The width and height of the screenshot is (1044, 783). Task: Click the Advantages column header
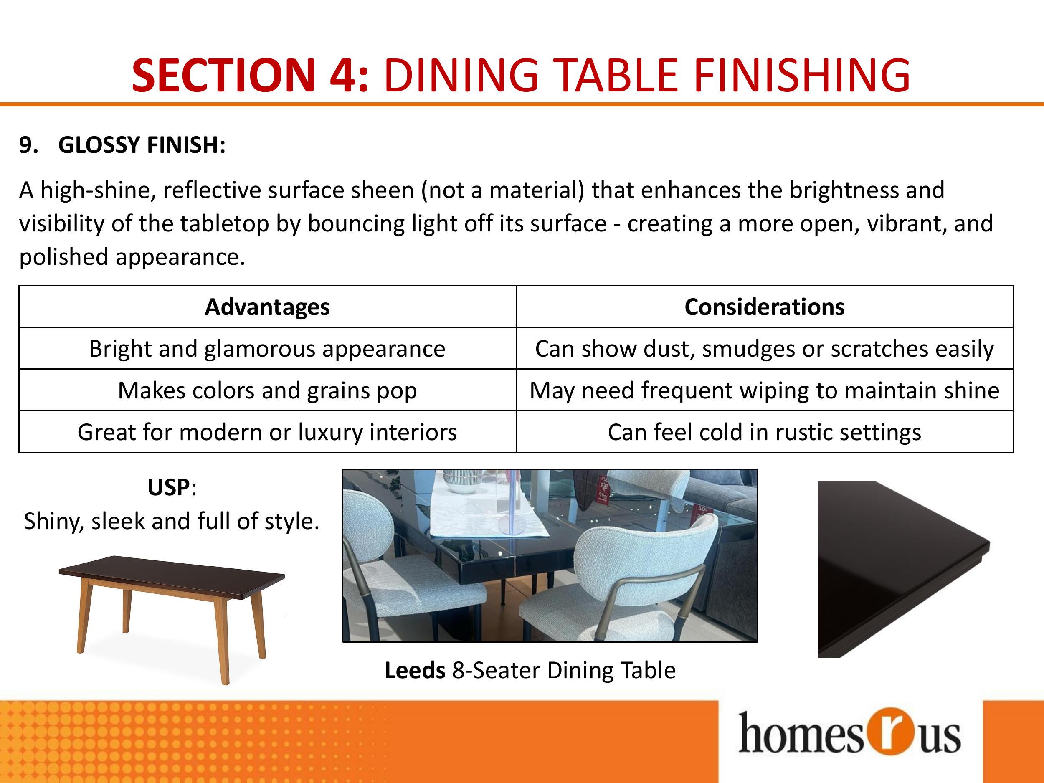[x=267, y=307]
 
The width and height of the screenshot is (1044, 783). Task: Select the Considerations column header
[x=765, y=307]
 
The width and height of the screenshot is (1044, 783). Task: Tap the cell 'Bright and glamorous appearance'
[x=267, y=349]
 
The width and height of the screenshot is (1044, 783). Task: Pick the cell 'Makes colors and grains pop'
[x=267, y=390]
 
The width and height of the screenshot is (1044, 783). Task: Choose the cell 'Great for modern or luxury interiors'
[x=267, y=432]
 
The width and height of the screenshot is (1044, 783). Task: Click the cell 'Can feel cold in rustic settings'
[x=765, y=432]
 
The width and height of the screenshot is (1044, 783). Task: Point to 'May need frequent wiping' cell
[x=765, y=390]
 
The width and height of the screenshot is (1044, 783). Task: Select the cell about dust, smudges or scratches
[x=765, y=349]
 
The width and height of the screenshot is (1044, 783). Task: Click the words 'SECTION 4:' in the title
[x=250, y=75]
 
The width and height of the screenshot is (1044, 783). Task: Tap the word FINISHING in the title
[x=801, y=75]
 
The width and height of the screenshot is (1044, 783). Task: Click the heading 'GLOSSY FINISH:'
[x=142, y=145]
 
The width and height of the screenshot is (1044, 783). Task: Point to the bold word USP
[x=168, y=487]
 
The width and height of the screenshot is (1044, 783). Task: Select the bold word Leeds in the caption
[x=415, y=670]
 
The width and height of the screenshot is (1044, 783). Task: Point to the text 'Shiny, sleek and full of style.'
[x=172, y=521]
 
